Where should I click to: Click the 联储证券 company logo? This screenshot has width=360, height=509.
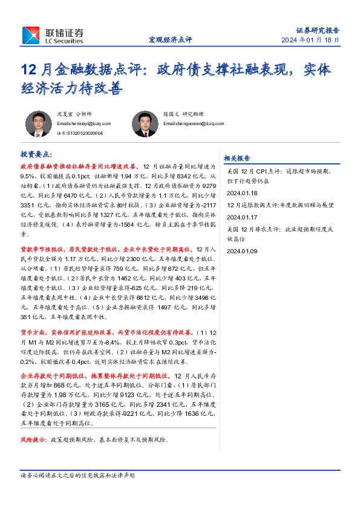[x=54, y=34]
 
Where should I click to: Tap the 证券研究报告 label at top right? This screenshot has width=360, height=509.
[x=318, y=30]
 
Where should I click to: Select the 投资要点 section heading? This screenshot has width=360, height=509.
[x=36, y=154]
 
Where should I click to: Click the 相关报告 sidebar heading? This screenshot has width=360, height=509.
[x=237, y=158]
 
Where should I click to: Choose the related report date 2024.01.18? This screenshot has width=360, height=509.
[x=242, y=193]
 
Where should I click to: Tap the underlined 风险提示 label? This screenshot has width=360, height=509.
[x=33, y=440]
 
